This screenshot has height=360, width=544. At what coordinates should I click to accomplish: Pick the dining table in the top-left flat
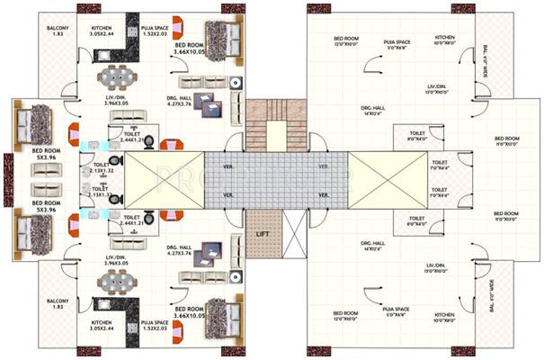115,74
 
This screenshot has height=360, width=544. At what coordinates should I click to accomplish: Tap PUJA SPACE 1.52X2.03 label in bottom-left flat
154,326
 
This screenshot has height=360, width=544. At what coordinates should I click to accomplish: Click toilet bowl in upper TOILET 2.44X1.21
148,139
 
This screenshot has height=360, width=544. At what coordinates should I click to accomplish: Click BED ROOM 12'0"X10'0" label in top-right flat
345,40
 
